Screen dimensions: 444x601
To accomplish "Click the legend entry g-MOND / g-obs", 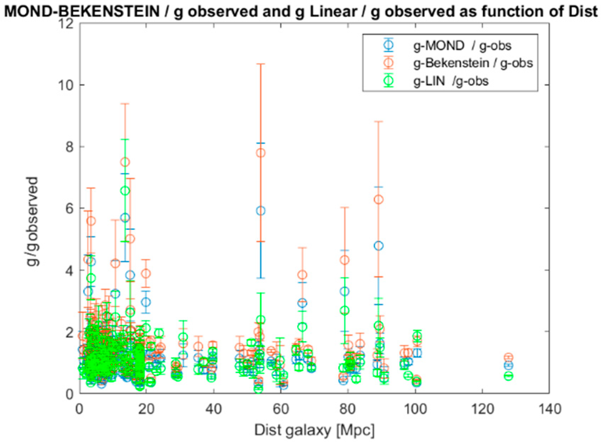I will point(462,46).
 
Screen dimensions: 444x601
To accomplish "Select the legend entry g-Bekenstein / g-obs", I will point(473,63).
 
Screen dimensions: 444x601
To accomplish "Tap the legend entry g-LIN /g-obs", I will point(451,81).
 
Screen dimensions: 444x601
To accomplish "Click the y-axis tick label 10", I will point(66,85).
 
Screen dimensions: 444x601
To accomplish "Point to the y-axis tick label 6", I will point(70,209).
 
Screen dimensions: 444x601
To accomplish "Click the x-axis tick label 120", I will point(482,409).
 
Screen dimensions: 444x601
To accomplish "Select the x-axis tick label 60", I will point(281,409).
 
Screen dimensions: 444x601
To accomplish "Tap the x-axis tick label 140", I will point(549,409).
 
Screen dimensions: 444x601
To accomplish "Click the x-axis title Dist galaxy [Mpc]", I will point(314,431).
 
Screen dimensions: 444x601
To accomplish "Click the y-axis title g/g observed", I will point(33,222).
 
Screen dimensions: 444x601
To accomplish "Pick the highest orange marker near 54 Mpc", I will point(261,153).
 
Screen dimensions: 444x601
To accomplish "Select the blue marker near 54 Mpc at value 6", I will point(261,211).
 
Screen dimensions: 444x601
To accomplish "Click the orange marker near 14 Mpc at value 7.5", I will point(125,162).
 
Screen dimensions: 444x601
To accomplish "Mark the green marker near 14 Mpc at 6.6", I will point(125,191).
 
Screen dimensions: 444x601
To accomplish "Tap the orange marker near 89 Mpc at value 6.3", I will point(379,200).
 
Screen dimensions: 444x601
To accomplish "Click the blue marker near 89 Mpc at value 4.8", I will point(379,246).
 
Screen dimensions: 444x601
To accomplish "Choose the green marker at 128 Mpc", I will point(508,376).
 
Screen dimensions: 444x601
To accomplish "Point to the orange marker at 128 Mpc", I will point(508,357).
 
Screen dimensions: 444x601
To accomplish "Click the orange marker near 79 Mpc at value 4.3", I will point(344,260).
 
